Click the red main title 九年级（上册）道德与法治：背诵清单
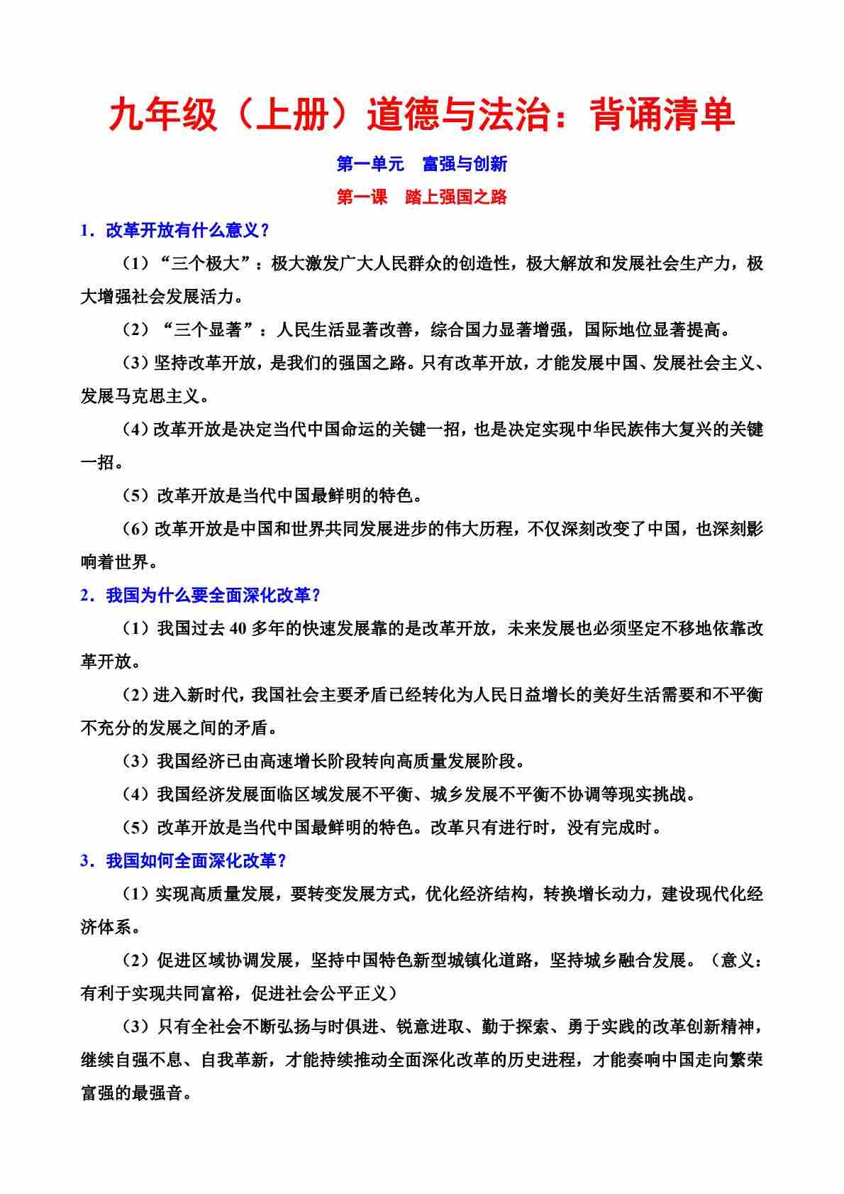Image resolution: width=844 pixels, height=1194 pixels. point(422,116)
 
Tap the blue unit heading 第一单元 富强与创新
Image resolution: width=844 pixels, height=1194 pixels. point(422,164)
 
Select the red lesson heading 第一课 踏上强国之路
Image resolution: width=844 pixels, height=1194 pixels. point(422,197)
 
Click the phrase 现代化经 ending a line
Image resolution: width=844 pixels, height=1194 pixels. point(728,894)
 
